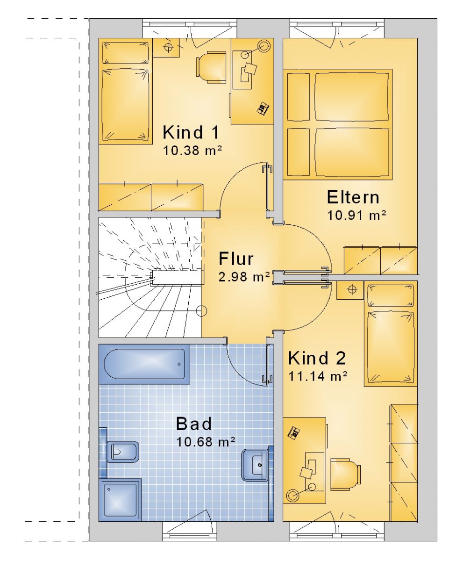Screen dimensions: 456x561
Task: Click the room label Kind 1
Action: click(x=191, y=132)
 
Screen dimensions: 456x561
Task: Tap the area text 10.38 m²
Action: click(x=192, y=151)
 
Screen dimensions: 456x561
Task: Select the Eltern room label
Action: click(x=353, y=197)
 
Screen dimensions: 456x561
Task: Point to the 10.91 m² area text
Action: click(x=356, y=215)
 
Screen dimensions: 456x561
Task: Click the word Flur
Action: click(x=236, y=259)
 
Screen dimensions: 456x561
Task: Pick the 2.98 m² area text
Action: click(x=244, y=277)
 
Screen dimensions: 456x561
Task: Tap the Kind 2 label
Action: click(x=317, y=358)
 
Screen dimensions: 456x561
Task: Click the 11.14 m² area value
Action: click(x=318, y=376)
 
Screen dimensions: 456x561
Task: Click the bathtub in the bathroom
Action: click(x=144, y=364)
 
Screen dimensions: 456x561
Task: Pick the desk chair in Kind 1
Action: click(x=211, y=67)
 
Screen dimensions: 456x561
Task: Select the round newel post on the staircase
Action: click(x=201, y=311)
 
